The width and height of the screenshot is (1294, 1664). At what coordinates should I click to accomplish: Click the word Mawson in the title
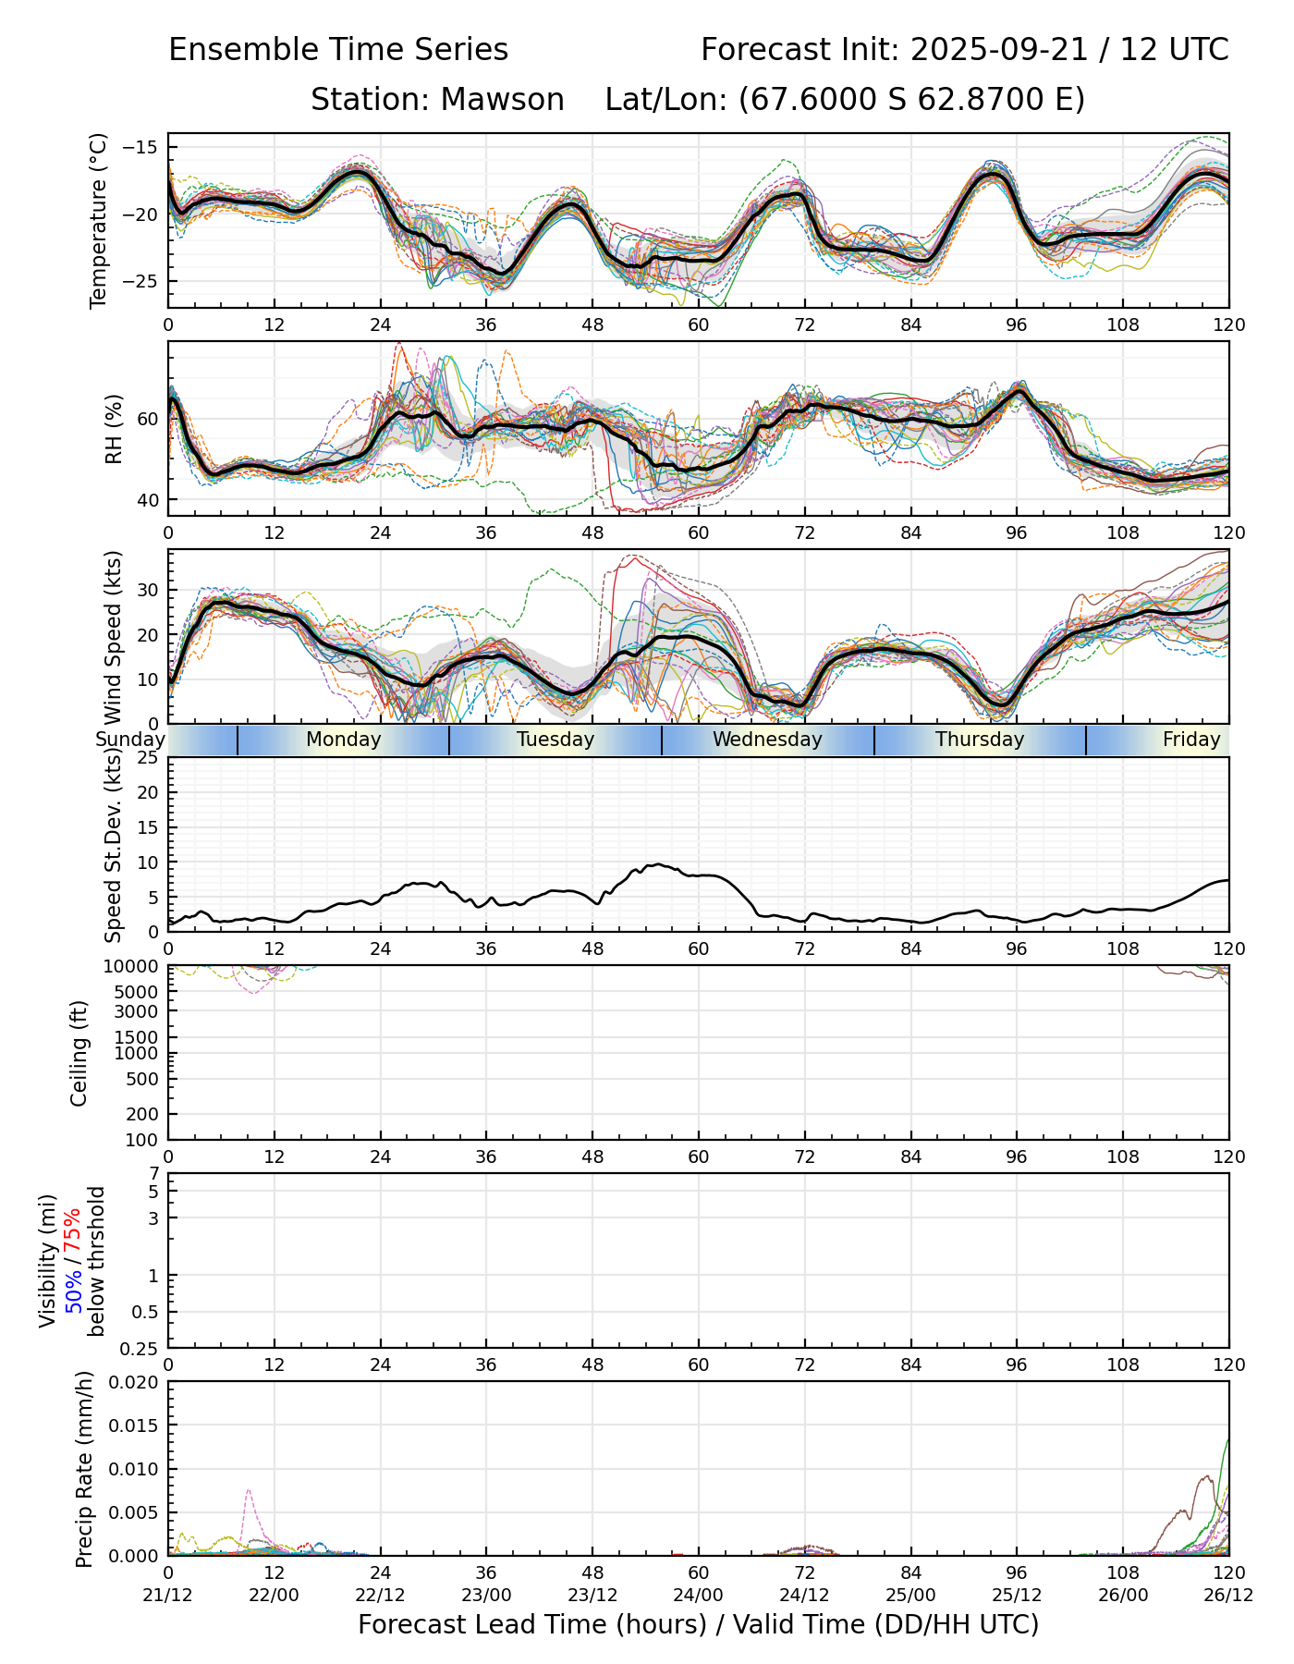pyautogui.click(x=502, y=100)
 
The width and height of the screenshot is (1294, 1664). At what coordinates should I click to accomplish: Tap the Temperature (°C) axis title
pyautogui.click(x=99, y=220)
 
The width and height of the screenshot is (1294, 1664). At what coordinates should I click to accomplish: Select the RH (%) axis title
pyautogui.click(x=114, y=429)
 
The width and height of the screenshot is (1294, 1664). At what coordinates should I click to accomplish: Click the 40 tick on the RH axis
pyautogui.click(x=148, y=500)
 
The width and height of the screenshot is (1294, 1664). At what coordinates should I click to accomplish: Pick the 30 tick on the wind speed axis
pyautogui.click(x=148, y=590)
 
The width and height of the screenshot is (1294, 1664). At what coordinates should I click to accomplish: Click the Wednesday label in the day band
pyautogui.click(x=767, y=740)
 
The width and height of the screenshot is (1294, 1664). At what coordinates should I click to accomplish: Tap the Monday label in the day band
pyautogui.click(x=343, y=740)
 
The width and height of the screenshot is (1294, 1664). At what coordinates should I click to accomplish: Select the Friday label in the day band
pyautogui.click(x=1191, y=740)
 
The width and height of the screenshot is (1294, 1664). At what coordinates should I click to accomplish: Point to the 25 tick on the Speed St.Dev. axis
pyautogui.click(x=148, y=758)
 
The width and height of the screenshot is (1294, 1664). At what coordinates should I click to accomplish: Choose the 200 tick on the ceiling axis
pyautogui.click(x=144, y=1114)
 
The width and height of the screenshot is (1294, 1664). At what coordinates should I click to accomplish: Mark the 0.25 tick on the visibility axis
pyautogui.click(x=141, y=1348)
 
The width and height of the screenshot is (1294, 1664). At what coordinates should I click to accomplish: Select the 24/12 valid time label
pyautogui.click(x=804, y=1596)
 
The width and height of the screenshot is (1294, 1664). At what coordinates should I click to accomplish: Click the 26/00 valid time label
pyautogui.click(x=1123, y=1596)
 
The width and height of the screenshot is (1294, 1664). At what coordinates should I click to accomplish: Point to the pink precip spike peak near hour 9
pyautogui.click(x=249, y=1490)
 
